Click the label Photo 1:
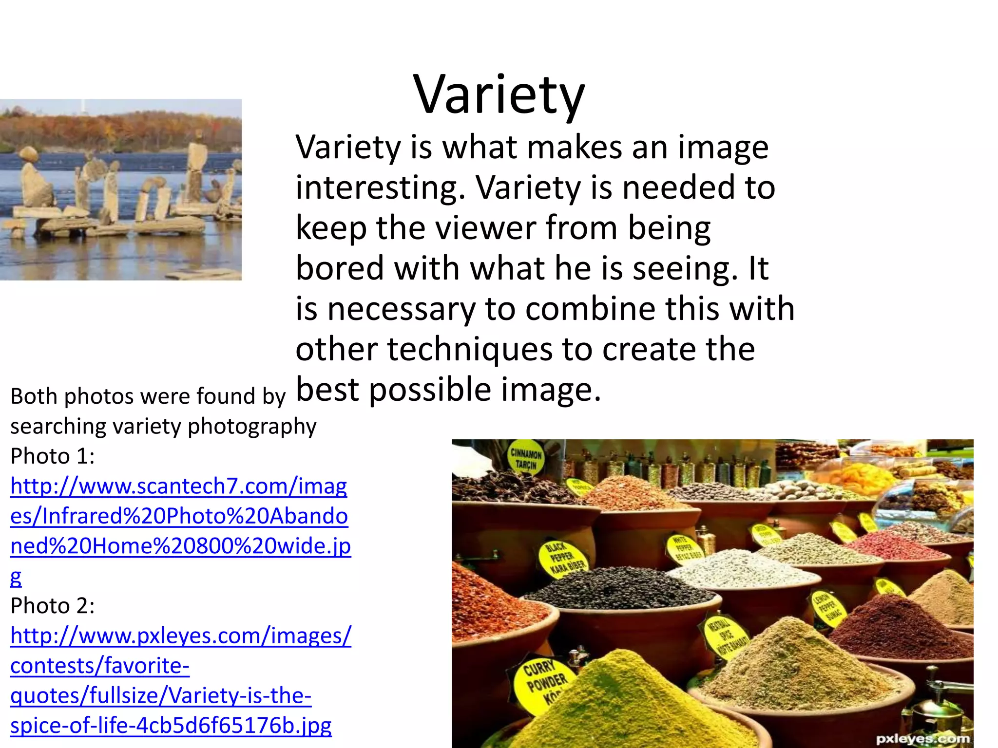[53, 456]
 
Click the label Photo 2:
[53, 606]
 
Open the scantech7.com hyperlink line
[178, 486]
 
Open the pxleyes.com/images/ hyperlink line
[180, 636]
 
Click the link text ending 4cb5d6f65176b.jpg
[171, 726]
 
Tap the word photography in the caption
[252, 427]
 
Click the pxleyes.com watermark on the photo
[922, 739]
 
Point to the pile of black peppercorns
[619, 587]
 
